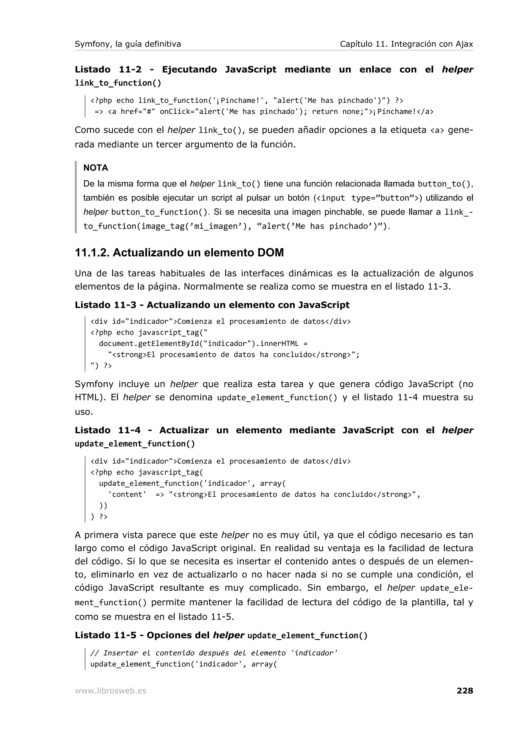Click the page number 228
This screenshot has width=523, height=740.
coord(465,691)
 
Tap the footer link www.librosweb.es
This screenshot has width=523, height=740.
coord(111,691)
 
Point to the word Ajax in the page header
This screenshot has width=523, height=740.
coord(464,44)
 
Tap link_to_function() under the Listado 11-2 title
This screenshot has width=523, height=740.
coord(118,83)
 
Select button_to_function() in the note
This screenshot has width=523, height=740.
coord(159,212)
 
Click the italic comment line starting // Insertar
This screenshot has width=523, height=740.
coord(214,653)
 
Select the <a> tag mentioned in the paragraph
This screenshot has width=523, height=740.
coord(437,130)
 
